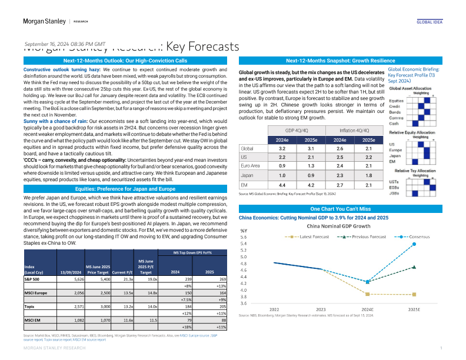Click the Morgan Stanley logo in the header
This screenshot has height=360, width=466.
pos(39,21)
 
